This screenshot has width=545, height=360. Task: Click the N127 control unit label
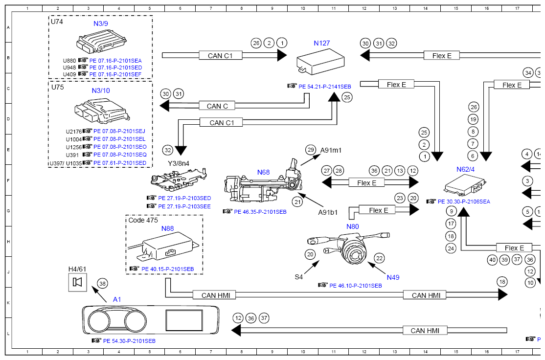[x=321, y=43]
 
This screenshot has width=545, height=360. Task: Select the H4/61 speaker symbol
[x=77, y=282]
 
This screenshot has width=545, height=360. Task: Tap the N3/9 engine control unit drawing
[x=101, y=42]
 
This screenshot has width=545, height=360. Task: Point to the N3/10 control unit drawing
[x=102, y=111]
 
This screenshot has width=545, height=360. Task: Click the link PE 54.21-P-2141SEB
[x=325, y=87]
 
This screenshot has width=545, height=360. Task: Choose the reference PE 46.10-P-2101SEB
[x=356, y=286]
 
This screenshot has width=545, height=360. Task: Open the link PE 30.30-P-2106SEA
[x=464, y=202]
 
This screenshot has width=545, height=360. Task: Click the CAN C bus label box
[x=217, y=106]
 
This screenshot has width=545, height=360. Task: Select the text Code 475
[x=143, y=220]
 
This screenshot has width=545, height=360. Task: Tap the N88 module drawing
[x=163, y=246]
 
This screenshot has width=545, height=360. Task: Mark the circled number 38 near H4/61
[x=103, y=284]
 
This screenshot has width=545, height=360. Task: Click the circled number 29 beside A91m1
[x=310, y=150]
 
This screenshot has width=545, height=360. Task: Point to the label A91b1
[x=328, y=212]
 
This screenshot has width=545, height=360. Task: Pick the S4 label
[x=298, y=277]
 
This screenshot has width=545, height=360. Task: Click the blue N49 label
[x=393, y=277]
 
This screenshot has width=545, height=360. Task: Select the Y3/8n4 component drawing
[x=179, y=180]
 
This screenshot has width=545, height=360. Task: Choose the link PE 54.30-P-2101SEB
[x=129, y=341]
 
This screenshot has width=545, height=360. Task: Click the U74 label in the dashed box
[x=57, y=22]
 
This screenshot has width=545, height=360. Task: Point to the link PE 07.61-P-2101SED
[x=120, y=163]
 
